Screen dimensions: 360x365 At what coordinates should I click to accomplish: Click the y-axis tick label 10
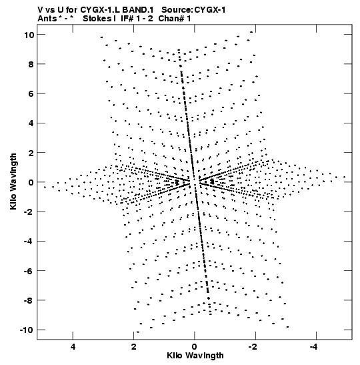tap(29, 35)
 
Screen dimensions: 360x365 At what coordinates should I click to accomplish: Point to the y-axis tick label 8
tap(31, 64)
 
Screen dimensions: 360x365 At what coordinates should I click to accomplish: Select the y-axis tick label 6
tap(31, 93)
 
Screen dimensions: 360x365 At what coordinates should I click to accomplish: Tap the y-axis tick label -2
tap(29, 212)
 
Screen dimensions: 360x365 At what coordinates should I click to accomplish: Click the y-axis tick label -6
tap(29, 271)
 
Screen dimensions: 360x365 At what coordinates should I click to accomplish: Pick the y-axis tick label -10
tap(27, 330)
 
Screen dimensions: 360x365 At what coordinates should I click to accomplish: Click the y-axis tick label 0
tap(31, 182)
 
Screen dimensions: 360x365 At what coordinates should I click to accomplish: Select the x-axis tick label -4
tap(313, 347)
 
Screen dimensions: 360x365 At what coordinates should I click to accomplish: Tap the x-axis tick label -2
tap(253, 347)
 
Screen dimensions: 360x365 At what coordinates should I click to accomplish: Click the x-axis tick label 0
tap(195, 347)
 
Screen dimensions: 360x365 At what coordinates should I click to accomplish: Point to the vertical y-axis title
tap(13, 181)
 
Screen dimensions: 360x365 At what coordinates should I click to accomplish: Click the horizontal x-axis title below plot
tap(195, 356)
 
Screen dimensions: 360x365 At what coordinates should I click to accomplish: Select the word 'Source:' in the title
tap(177, 10)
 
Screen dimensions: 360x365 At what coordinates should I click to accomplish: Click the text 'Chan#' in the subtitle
tap(171, 19)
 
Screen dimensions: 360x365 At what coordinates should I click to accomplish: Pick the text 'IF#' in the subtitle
tap(127, 19)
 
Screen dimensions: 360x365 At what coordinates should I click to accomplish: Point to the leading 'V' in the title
tap(40, 10)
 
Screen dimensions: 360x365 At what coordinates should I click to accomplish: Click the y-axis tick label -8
tap(29, 300)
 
